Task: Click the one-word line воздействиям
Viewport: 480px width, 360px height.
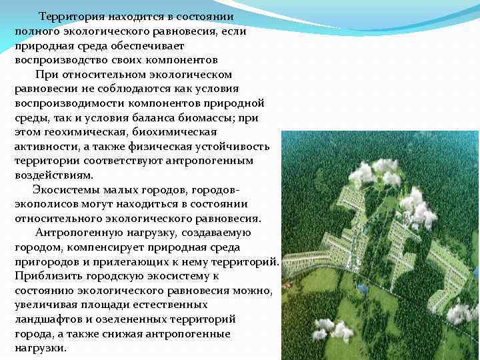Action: [51, 175]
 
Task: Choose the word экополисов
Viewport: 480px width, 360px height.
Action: [46, 204]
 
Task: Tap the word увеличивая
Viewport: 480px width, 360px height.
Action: [45, 305]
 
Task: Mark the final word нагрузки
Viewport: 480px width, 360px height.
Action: [40, 349]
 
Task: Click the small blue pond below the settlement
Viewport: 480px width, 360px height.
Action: [362, 289]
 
